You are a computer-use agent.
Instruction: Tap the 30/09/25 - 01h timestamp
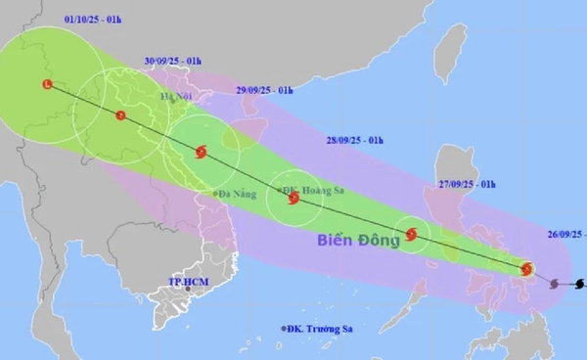point(171,61)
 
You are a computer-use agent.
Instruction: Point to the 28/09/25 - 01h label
point(357,141)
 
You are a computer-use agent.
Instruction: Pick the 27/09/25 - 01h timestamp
point(468,184)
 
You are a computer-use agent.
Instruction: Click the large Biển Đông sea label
point(352,239)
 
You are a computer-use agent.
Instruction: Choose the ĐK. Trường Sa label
point(321,329)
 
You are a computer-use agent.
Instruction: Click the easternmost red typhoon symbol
point(528,269)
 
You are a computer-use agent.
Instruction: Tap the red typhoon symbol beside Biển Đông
point(411,234)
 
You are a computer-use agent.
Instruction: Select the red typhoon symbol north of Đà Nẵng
point(202,152)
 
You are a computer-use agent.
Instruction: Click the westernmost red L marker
point(46,84)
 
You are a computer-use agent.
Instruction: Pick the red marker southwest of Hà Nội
point(120,115)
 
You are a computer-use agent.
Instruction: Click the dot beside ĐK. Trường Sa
point(283,329)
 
